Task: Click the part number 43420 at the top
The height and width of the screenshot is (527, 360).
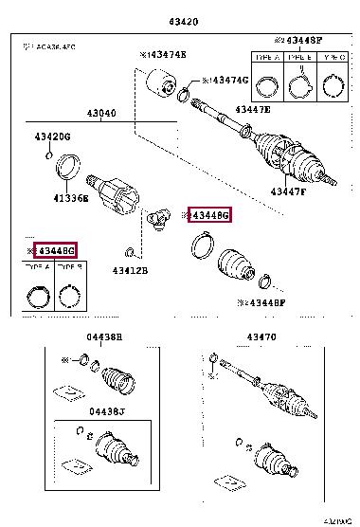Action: click(x=181, y=22)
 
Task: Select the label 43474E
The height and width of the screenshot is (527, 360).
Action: click(x=165, y=56)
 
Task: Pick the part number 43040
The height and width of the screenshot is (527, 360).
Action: click(x=101, y=114)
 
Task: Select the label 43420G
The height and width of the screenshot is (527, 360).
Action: click(x=53, y=136)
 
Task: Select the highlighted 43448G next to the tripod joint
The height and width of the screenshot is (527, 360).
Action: click(x=209, y=215)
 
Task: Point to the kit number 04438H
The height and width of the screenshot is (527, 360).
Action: click(x=105, y=336)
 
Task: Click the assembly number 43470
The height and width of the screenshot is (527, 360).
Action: click(x=261, y=336)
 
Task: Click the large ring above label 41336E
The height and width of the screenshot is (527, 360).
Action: click(x=69, y=170)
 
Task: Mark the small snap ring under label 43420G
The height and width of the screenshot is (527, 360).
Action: click(x=49, y=154)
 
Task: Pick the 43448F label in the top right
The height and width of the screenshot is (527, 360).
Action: click(x=298, y=39)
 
